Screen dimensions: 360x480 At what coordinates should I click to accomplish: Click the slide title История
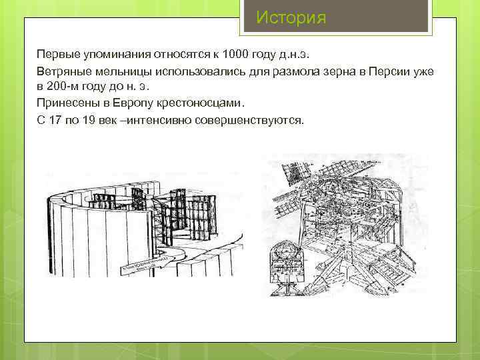pyautogui.click(x=291, y=17)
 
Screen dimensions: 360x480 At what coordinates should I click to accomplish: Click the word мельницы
pyautogui.click(x=125, y=71)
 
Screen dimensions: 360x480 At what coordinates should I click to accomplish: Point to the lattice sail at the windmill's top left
pyautogui.click(x=291, y=175)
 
